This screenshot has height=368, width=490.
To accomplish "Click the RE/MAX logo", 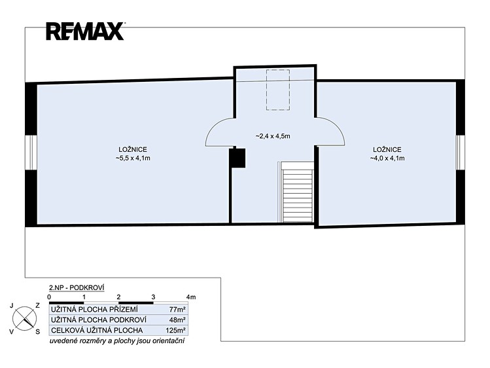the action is [x=85, y=31].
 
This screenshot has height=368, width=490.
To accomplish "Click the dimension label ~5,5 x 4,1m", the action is [x=133, y=158].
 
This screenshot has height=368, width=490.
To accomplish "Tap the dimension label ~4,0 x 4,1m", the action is [x=387, y=158].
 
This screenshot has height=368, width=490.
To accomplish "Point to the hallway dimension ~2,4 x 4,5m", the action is [x=273, y=136].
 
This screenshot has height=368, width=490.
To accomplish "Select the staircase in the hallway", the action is [x=297, y=192].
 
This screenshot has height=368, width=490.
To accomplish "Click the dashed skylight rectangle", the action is [x=278, y=90].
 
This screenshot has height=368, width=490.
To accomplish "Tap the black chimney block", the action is [x=237, y=158].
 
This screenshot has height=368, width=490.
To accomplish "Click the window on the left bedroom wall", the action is [x=31, y=153].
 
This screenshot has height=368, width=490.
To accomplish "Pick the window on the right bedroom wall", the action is [x=460, y=153].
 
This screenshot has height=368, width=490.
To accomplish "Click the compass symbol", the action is [x=24, y=319].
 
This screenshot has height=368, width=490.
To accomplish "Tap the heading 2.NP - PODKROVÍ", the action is [x=77, y=287].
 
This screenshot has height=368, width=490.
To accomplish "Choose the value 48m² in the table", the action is [x=177, y=320].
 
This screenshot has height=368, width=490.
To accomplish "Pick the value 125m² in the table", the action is [x=176, y=330].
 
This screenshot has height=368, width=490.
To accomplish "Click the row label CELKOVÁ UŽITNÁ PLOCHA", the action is [x=97, y=330].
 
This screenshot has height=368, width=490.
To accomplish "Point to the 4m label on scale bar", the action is [x=191, y=297].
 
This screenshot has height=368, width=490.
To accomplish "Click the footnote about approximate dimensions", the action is [x=117, y=340].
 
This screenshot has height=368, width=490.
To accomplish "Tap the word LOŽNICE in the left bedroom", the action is [x=133, y=150].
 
